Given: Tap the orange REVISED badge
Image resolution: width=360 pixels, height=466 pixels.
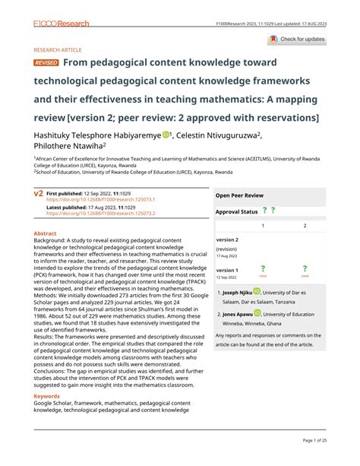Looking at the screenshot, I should pyautogui.click(x=46, y=63).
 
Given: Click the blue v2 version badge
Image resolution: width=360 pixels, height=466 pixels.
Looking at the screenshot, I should pyautogui.click(x=38, y=195).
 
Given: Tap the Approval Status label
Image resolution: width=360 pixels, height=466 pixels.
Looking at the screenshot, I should pyautogui.click(x=238, y=211).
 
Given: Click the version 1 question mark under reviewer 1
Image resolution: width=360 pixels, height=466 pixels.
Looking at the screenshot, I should pyautogui.click(x=263, y=268).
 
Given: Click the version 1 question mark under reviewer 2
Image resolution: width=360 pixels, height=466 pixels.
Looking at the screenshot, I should pyautogui.click(x=305, y=268).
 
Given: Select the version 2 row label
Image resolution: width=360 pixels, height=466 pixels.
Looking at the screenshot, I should pyautogui.click(x=227, y=239).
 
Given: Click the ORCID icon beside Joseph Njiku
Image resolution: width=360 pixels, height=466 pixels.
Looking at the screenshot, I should pyautogui.click(x=257, y=291).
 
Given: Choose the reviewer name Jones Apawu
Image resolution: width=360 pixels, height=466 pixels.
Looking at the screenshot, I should pyautogui.click(x=237, y=312).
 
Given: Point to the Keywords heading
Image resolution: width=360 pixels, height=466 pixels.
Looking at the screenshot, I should pyautogui.click(x=47, y=396).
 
